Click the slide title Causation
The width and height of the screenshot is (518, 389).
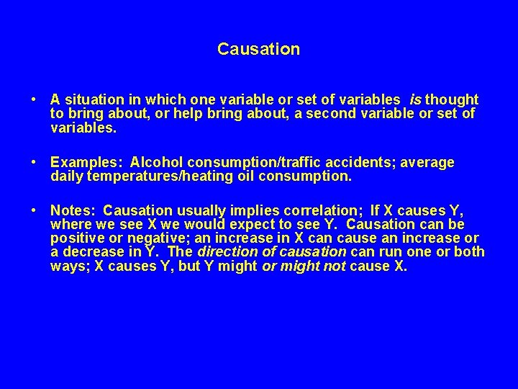pyautogui.click(x=258, y=50)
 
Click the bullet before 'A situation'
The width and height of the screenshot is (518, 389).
pyautogui.click(x=35, y=99)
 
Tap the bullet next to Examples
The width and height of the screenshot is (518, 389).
pyautogui.click(x=35, y=163)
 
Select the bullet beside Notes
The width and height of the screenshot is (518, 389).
pyautogui.click(x=35, y=210)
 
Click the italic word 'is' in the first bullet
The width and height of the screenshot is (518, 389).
pyautogui.click(x=415, y=99)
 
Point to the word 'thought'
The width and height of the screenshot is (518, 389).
pyautogui.click(x=452, y=99)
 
